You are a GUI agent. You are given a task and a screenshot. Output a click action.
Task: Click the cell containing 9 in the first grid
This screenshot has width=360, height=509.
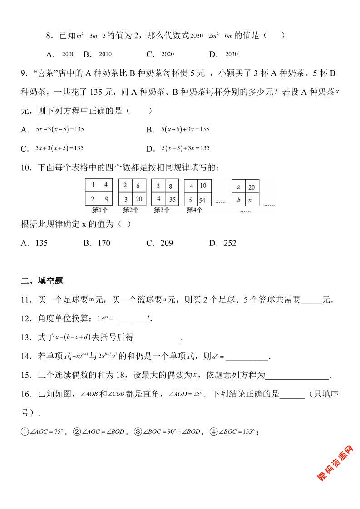pyautogui.click(x=105, y=199)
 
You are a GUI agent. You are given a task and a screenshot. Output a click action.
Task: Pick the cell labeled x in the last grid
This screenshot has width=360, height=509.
pyautogui.click(x=252, y=200)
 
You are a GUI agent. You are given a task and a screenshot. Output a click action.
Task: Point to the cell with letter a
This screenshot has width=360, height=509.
pyautogui.click(x=239, y=186)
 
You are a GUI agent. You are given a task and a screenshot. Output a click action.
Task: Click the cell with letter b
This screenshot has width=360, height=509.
pyautogui.click(x=239, y=200)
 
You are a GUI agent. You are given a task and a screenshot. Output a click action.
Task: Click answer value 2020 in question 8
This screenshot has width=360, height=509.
pyautogui.click(x=168, y=54)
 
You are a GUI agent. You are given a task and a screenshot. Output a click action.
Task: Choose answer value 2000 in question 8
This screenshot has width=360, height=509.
pyautogui.click(x=68, y=54)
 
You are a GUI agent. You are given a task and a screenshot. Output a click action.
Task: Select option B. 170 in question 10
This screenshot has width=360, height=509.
pyautogui.click(x=97, y=243)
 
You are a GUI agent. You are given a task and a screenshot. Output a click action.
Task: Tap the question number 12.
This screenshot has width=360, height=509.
pyautogui.click(x=26, y=318)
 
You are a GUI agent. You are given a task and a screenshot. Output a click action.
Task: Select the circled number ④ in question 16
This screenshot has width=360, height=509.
pyautogui.click(x=214, y=432)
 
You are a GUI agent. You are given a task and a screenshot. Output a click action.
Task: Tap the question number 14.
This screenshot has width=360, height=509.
pyautogui.click(x=26, y=357)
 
